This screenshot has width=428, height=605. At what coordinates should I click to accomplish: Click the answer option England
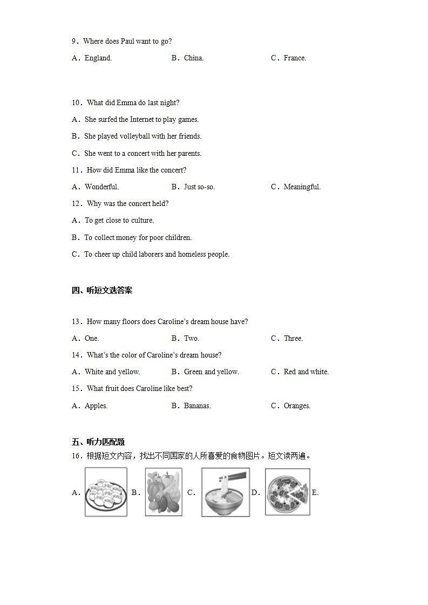98,58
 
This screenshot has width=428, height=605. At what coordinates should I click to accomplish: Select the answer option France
295,58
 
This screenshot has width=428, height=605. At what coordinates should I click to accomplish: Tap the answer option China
193,58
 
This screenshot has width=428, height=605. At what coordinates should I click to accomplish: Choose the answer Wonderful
101,187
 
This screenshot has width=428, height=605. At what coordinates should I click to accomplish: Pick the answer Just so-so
199,187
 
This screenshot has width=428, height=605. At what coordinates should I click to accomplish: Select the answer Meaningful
302,187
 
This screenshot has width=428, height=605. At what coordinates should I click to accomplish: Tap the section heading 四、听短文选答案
102,291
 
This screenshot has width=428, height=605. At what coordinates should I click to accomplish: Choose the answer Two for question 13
192,339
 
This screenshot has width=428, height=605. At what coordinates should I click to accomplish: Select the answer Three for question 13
293,339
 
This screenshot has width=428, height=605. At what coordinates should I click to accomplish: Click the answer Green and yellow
211,372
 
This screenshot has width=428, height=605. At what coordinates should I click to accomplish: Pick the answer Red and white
306,372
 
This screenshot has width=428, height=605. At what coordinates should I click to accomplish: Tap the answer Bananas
197,406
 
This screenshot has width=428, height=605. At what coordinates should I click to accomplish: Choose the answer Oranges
297,406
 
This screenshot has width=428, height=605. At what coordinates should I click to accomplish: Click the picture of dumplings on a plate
106,492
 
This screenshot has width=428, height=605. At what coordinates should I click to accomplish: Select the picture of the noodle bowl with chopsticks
225,492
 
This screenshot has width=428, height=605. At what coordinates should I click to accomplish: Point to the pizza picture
287,492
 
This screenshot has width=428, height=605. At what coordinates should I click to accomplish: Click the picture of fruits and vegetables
163,492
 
